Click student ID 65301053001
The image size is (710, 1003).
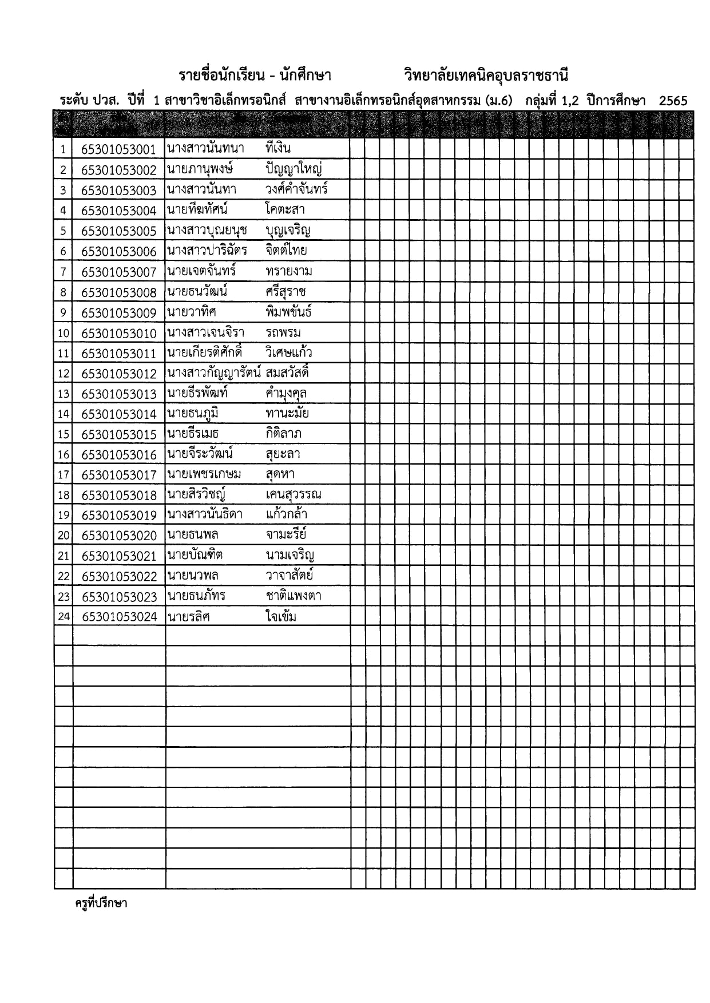[118, 150]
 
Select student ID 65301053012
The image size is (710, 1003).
[118, 374]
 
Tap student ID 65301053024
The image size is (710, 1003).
[119, 617]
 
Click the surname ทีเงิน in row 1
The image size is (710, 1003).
[279, 149]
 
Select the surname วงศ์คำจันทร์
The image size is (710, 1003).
[296, 189]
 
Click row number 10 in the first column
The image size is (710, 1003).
[64, 334]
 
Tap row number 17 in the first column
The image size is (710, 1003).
[64, 475]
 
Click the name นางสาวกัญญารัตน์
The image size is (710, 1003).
[214, 374]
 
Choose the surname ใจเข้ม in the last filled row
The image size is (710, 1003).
[281, 617]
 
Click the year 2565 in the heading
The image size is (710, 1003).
[673, 101]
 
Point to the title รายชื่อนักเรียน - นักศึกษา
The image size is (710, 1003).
[255, 76]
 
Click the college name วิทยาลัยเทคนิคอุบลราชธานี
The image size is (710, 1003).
[486, 76]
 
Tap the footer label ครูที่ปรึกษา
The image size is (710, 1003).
[101, 904]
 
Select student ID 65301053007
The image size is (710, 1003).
[118, 272]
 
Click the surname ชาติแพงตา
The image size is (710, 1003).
[293, 596]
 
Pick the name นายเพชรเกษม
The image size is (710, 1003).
[204, 474]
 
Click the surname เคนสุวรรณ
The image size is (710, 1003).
[293, 495]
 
